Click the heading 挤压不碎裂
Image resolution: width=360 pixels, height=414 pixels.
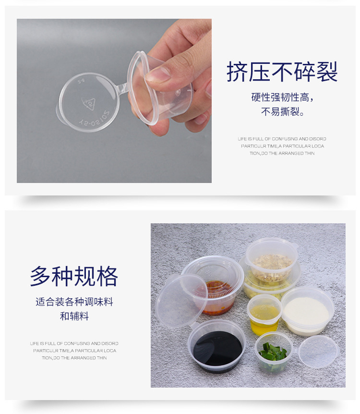[282, 72]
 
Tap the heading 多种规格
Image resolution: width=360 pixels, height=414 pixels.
[74, 276]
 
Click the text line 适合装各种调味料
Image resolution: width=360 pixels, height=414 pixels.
[74, 302]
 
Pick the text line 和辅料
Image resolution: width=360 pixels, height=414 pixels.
[74, 316]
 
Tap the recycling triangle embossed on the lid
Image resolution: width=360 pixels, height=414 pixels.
[89, 103]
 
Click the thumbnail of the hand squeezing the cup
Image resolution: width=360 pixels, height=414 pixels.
[114, 100]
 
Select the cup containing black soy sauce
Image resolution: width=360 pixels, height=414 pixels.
[217, 346]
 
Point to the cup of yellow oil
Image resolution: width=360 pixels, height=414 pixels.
[264, 314]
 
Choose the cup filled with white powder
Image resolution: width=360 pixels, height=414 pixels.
[307, 311]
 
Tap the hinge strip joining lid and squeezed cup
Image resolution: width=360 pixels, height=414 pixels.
[123, 88]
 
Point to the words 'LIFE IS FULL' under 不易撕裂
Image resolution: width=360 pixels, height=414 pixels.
[251, 139]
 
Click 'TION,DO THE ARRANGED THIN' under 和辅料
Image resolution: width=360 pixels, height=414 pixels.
[74, 358]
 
